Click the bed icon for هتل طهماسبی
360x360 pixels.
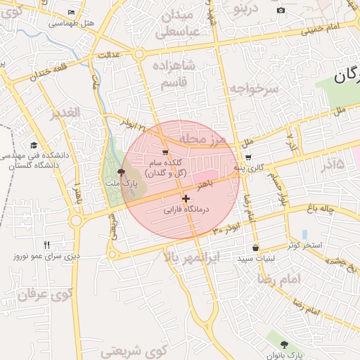pos(71,13)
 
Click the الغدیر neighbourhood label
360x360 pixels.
pos(65,112)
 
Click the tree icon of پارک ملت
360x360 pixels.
pos(122,171)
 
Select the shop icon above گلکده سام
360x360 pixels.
pos(165,152)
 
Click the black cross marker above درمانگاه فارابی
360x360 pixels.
pos(186,199)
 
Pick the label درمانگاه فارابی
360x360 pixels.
pos(187,210)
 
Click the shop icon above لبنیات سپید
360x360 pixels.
pos(255,248)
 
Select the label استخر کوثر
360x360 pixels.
pos(304,245)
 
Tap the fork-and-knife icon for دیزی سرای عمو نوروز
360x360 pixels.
pos(46,245)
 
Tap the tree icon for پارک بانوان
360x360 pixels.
pos(284,345)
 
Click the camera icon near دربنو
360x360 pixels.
pos(281,10)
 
